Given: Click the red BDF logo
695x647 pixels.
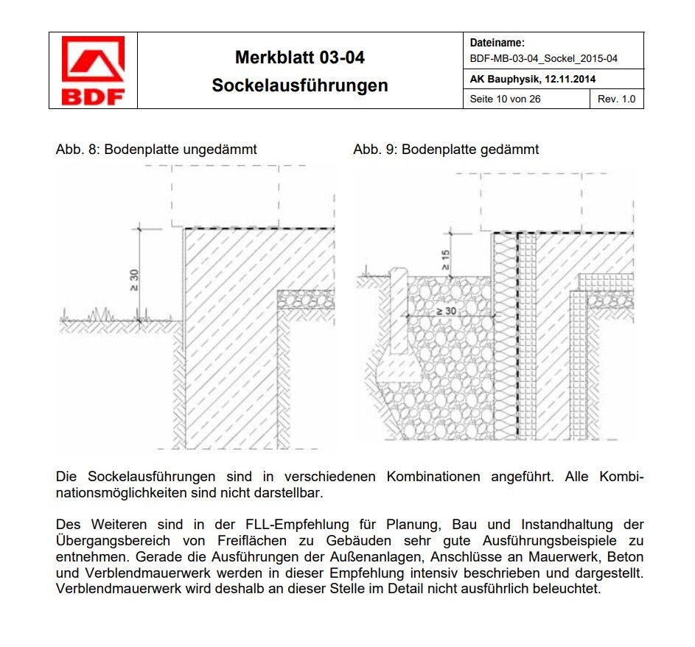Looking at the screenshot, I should pos(93,70).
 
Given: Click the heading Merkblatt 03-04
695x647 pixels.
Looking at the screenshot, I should pos(299,57).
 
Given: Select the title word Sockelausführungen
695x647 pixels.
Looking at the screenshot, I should pos(299,85).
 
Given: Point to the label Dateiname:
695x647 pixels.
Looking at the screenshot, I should pos(497,44).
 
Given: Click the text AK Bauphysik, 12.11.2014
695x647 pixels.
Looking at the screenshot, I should pos(532,79).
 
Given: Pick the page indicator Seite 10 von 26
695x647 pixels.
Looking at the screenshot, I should pos(505,99).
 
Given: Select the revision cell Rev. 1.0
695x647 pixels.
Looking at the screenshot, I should pos(616,99).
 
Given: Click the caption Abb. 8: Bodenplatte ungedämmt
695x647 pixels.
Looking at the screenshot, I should pos(156,150).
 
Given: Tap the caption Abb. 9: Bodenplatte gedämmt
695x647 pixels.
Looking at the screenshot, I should pos(446,150).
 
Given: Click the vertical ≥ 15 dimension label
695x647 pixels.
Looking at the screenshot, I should pos(444,259).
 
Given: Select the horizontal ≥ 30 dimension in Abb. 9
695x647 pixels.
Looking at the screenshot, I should pos(446,311).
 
